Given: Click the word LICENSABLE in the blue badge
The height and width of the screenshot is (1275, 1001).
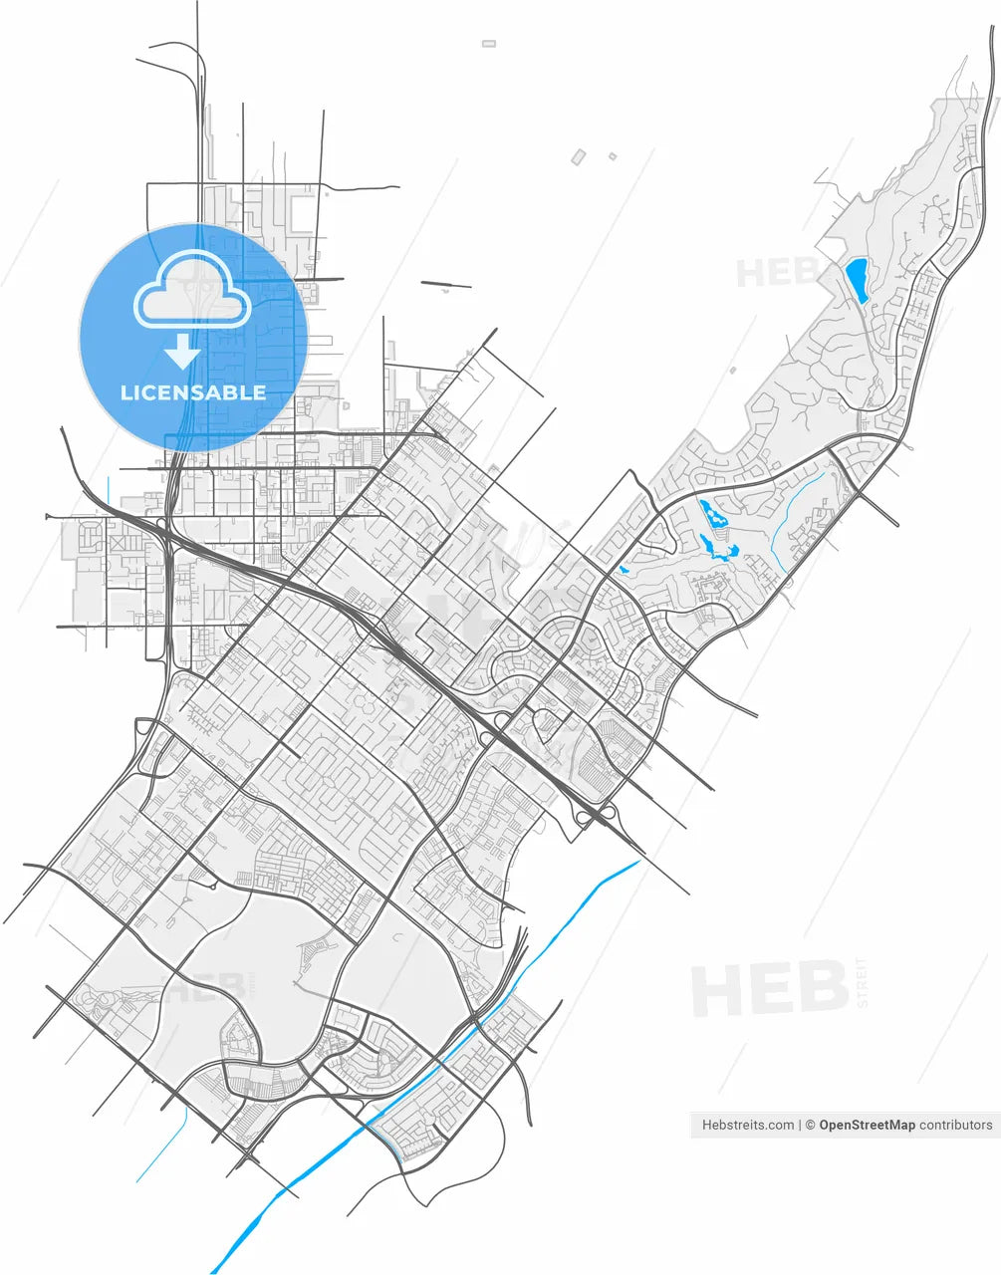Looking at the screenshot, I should click(x=193, y=392).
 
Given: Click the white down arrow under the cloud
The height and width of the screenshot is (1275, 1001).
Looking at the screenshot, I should click(x=182, y=352).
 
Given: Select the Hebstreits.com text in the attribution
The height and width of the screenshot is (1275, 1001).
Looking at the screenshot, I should click(x=748, y=1125).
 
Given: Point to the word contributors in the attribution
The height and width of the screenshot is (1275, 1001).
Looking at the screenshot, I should click(x=955, y=1125).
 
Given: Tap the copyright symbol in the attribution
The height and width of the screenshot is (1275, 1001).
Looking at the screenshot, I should click(x=811, y=1125).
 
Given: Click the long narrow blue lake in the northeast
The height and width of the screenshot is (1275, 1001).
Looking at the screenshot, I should click(x=856, y=279).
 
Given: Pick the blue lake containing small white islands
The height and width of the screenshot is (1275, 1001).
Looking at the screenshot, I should click(x=713, y=515).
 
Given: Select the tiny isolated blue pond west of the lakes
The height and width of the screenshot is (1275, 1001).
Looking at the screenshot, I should click(x=624, y=571).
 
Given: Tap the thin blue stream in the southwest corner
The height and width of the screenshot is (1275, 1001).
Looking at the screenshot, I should click(x=164, y=1146).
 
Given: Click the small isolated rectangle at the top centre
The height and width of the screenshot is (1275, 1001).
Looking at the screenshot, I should click(x=488, y=44).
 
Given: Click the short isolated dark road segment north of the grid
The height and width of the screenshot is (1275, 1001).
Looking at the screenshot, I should click(x=445, y=285).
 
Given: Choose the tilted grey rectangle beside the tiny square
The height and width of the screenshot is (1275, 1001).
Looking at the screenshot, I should click(x=578, y=156).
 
